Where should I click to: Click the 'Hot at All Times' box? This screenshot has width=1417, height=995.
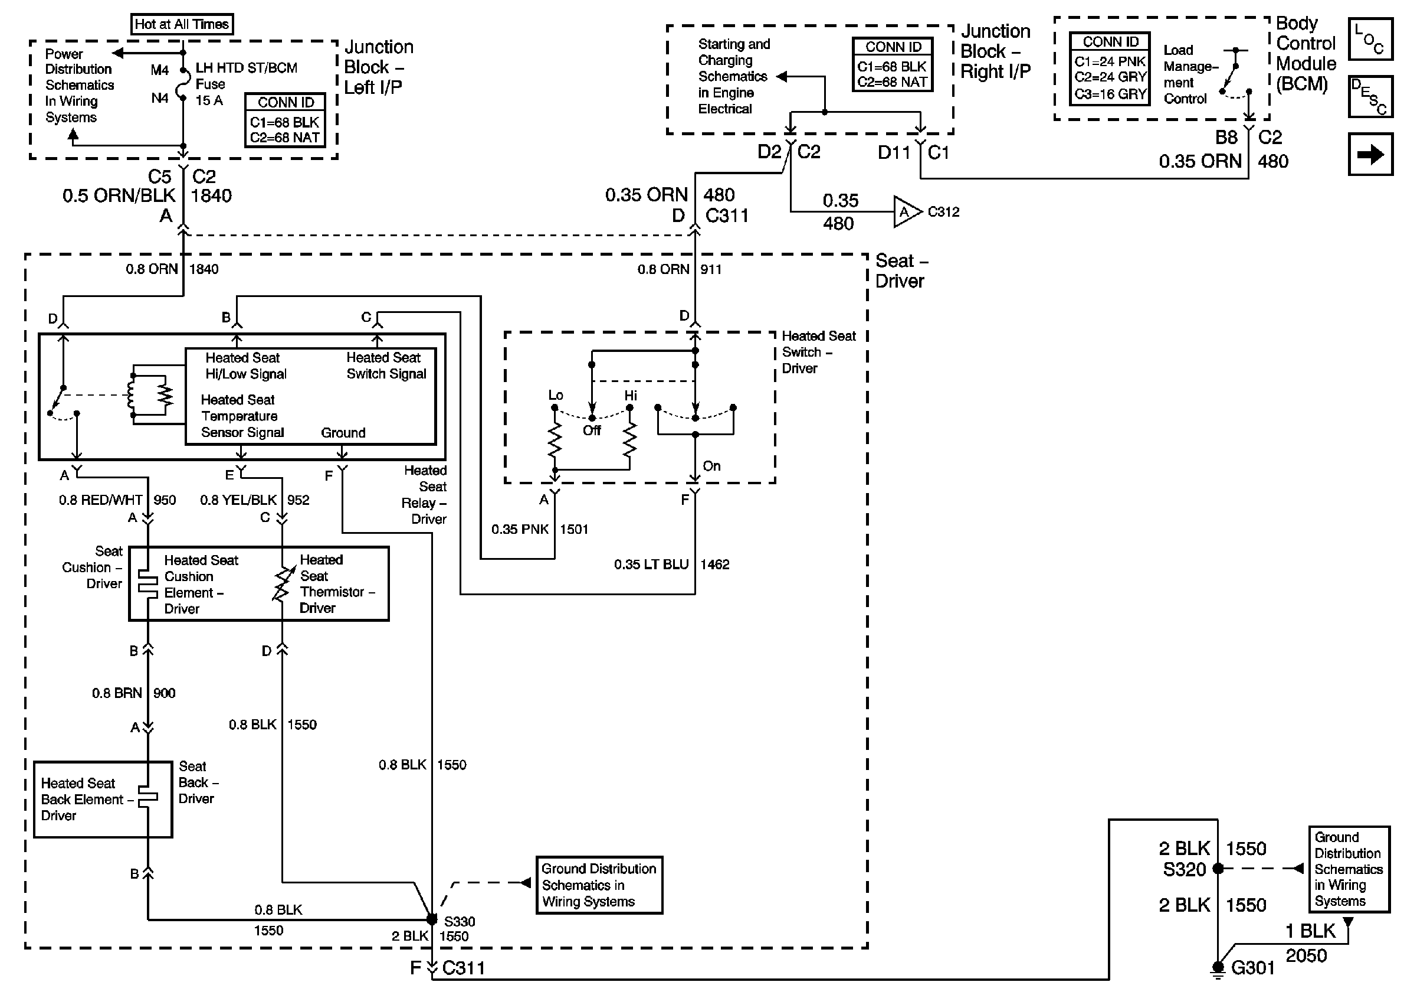coord(182,25)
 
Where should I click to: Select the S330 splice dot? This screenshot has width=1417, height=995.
coord(432,919)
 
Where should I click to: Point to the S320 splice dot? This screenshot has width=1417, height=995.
coord(1218,869)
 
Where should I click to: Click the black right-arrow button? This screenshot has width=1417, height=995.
coord(1370,154)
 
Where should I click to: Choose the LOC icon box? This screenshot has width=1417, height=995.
coord(1370,39)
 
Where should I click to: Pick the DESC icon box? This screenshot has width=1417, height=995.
coord(1370,96)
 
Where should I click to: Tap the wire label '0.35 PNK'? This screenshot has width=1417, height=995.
coord(520,529)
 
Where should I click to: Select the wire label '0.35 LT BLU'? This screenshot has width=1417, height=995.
coord(651,565)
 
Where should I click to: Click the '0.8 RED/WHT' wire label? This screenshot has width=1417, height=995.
coord(101,500)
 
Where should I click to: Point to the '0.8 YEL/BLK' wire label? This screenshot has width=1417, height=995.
coord(239,500)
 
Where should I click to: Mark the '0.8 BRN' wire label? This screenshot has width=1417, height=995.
coord(117,693)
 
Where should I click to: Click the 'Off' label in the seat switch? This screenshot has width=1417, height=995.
coord(591,430)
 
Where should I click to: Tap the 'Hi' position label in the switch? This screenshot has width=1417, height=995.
coord(630,395)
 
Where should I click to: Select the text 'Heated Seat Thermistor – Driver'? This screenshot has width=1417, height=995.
coord(336,583)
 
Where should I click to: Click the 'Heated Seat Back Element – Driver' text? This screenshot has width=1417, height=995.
coord(86,799)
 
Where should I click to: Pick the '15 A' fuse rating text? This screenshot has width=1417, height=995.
coord(209,100)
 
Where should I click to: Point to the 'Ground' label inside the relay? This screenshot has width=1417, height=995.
coord(343,433)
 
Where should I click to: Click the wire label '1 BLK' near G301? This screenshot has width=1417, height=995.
coord(1310,931)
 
